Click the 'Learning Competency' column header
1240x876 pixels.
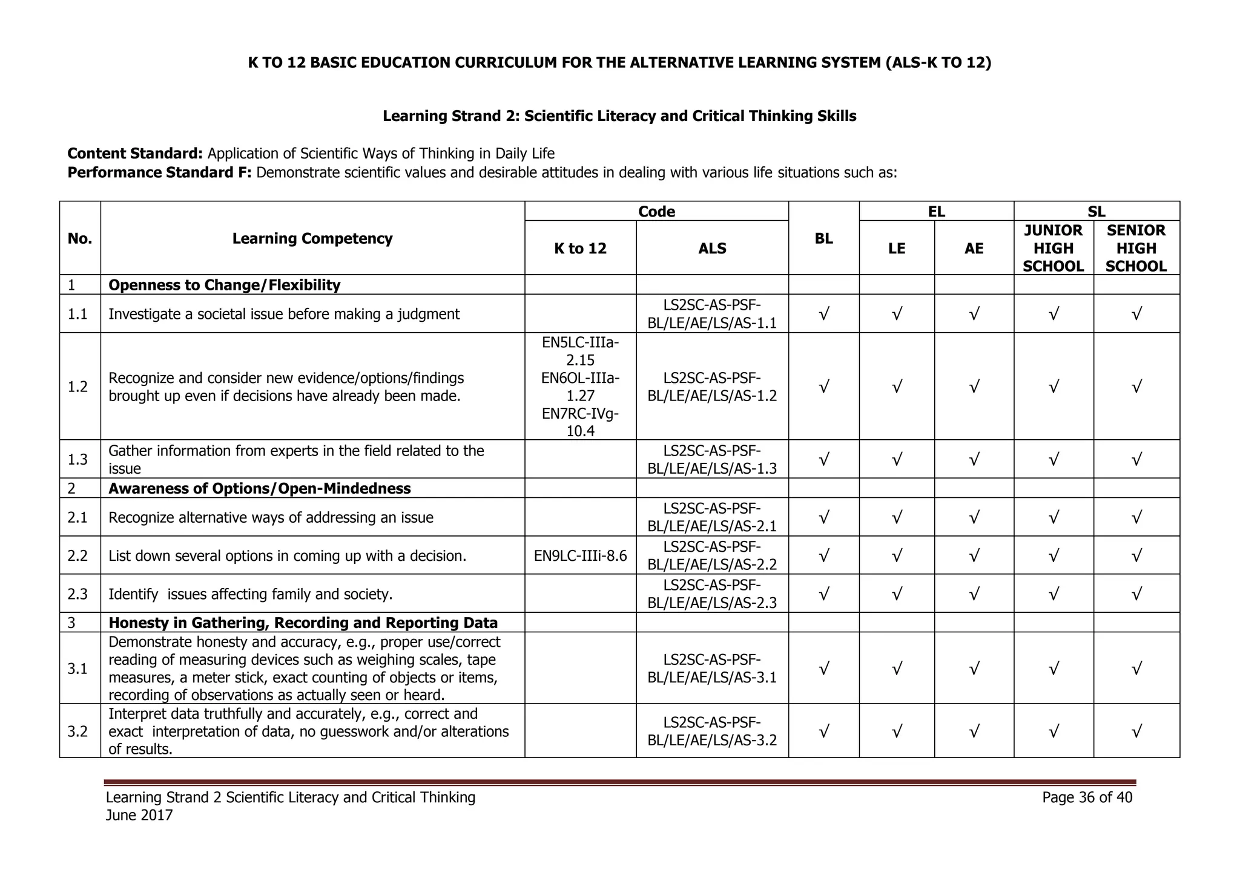[312, 238]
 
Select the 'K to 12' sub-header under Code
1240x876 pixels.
[580, 249]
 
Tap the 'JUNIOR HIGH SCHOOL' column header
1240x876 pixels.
[1053, 248]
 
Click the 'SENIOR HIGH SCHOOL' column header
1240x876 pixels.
[1136, 248]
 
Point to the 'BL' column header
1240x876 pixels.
[823, 238]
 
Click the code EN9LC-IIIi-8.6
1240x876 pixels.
[580, 555]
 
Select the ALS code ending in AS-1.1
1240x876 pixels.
[712, 313]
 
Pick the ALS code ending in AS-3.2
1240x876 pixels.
[712, 731]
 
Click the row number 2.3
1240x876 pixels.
[77, 594]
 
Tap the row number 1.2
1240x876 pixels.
[77, 387]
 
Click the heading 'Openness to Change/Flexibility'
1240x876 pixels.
[224, 285]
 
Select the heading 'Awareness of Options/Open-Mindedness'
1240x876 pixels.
[259, 488]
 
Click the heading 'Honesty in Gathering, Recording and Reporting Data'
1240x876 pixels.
[303, 623]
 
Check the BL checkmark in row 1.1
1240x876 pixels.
[823, 314]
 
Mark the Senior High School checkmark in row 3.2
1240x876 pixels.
[1136, 731]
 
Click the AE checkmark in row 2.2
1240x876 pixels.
[974, 555]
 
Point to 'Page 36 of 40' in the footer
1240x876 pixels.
[1087, 797]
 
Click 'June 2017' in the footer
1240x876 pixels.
[139, 816]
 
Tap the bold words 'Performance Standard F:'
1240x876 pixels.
[159, 173]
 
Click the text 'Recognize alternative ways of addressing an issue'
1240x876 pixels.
[271, 518]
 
